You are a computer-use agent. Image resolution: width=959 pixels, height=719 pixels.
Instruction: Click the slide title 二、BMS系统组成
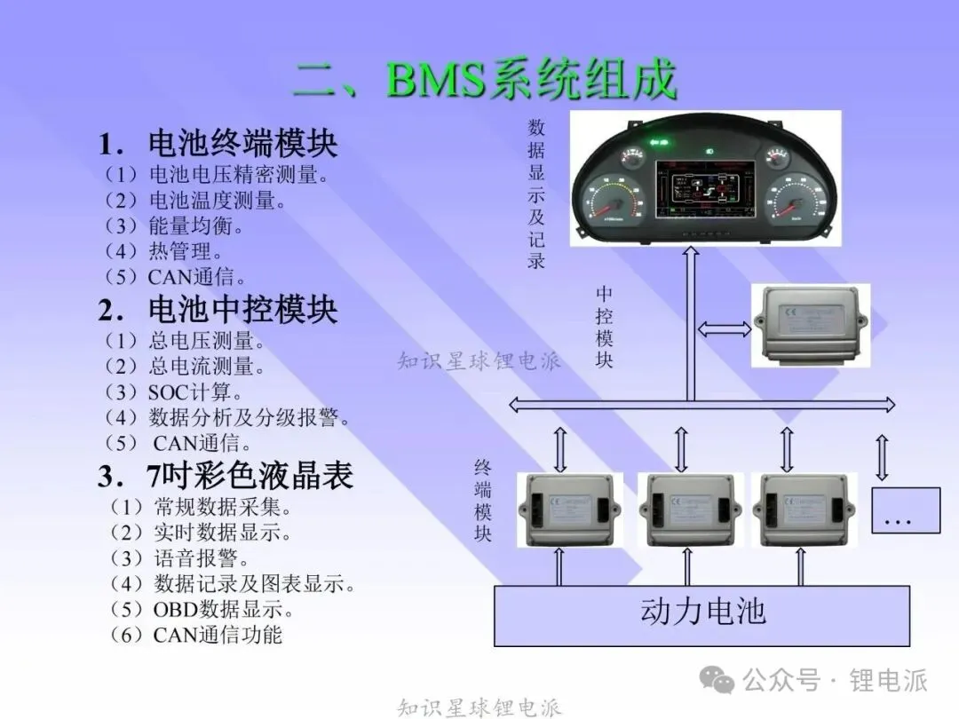pyautogui.click(x=485, y=80)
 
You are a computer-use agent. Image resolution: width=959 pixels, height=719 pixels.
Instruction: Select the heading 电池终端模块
pyautogui.click(x=218, y=144)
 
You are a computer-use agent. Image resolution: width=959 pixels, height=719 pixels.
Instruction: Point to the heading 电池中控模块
pyautogui.click(x=218, y=310)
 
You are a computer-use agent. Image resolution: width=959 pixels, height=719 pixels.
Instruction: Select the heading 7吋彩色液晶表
pyautogui.click(x=226, y=477)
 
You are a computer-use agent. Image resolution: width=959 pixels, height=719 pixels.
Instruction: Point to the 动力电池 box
pyautogui.click(x=701, y=613)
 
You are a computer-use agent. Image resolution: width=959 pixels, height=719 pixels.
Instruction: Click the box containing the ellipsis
pyautogui.click(x=905, y=510)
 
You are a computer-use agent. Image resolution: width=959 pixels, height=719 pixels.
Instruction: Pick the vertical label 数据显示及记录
pyautogui.click(x=536, y=194)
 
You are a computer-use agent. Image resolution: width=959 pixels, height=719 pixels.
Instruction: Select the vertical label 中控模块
pyautogui.click(x=605, y=327)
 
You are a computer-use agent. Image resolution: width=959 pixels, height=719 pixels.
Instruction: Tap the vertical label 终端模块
pyautogui.click(x=483, y=501)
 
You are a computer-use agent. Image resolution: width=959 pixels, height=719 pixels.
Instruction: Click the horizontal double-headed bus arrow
pyautogui.click(x=701, y=405)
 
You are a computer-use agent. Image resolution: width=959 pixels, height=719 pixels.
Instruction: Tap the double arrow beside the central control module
pyautogui.click(x=725, y=329)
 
